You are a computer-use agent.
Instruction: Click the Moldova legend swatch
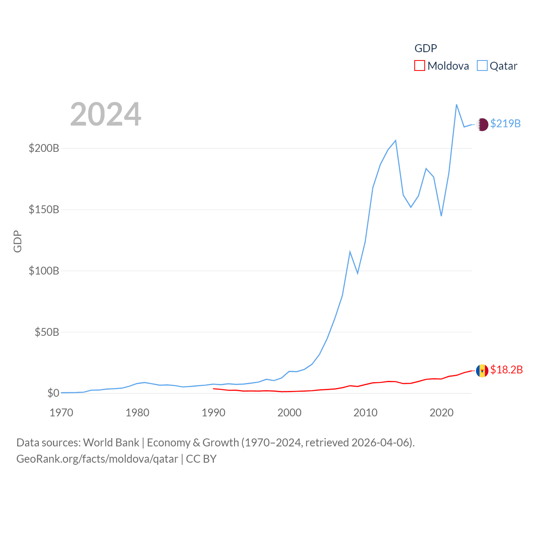[x=419, y=66]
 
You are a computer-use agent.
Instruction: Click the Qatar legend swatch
[x=482, y=66]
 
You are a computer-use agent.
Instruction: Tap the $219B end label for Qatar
[x=505, y=123]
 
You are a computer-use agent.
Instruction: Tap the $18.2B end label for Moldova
[x=506, y=370]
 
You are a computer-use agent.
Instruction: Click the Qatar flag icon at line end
[x=482, y=124]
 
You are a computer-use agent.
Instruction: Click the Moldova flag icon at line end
[x=482, y=370]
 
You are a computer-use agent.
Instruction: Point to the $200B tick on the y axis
[x=44, y=148]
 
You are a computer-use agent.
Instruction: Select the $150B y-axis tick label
[x=44, y=209]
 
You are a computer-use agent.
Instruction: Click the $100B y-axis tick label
[x=44, y=271]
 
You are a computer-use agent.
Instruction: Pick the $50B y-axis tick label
[x=47, y=332]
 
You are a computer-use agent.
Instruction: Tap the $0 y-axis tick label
[x=53, y=393]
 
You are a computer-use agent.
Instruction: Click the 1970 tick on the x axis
[x=61, y=413]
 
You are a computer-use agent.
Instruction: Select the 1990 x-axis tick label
[x=213, y=413]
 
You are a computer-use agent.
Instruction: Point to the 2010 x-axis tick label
[x=365, y=413]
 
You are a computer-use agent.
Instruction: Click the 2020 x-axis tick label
[x=441, y=413]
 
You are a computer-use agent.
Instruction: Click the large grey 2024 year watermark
[x=106, y=114]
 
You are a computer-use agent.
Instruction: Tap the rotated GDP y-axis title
[x=18, y=241]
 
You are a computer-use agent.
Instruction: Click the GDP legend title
[x=426, y=48]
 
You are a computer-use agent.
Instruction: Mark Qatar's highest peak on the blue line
[x=456, y=105]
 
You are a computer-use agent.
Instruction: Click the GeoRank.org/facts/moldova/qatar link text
[x=97, y=459]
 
